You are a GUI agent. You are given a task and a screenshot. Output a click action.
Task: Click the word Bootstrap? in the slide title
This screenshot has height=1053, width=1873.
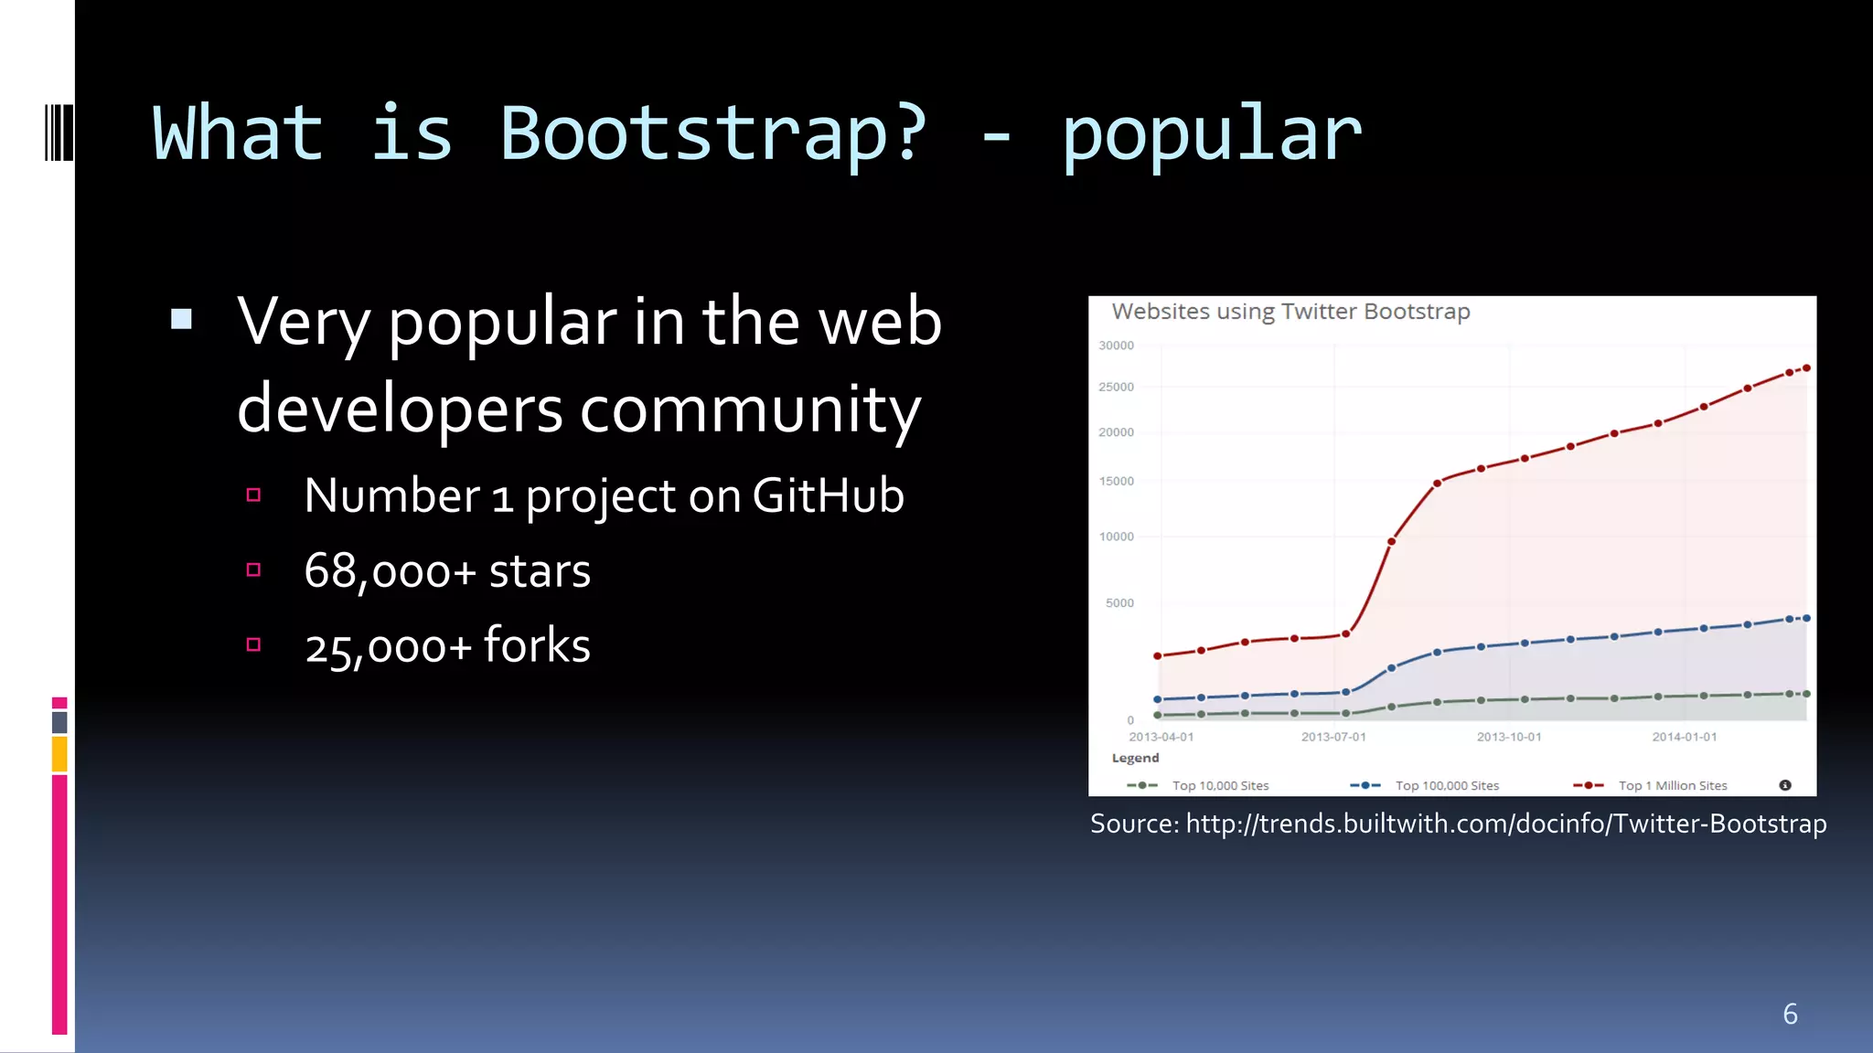pos(712,135)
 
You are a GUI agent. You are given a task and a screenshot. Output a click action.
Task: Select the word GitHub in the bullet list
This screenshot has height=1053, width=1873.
pos(828,496)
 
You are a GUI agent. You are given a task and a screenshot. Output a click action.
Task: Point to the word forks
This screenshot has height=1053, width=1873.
pos(537,646)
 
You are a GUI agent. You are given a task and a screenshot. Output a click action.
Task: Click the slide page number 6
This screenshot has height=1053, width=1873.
pos(1790,1014)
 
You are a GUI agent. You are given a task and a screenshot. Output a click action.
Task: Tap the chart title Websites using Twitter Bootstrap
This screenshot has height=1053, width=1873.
pos(1290,312)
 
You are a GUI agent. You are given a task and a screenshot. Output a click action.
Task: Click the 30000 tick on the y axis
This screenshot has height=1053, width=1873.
pos(1116,346)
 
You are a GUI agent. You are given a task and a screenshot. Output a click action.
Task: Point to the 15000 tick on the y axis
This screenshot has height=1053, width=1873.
pos(1116,481)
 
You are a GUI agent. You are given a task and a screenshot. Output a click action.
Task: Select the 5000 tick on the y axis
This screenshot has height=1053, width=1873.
pos(1119,603)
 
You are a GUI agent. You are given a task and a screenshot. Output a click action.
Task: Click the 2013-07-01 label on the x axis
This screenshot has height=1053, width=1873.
pos(1333,737)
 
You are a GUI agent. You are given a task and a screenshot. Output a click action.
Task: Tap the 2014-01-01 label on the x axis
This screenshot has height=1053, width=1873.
pos(1684,737)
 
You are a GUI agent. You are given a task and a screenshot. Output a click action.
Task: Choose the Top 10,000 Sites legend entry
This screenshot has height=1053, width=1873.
pos(1220,786)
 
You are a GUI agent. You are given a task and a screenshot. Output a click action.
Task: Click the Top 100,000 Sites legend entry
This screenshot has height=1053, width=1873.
pos(1447,786)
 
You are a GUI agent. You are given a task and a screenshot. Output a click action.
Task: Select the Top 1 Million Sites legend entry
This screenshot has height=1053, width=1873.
pos(1672,786)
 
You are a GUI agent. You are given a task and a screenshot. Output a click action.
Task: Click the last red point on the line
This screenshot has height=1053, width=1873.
pos(1806,368)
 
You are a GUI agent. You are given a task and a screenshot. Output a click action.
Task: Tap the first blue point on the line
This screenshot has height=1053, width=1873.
pos(1158,699)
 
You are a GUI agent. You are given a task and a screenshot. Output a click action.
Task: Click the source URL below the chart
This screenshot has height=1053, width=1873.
pos(1505,824)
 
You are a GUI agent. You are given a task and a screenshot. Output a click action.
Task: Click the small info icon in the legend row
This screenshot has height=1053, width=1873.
pos(1785,785)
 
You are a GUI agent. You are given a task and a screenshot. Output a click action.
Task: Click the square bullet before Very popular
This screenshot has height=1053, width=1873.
pos(181,319)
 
